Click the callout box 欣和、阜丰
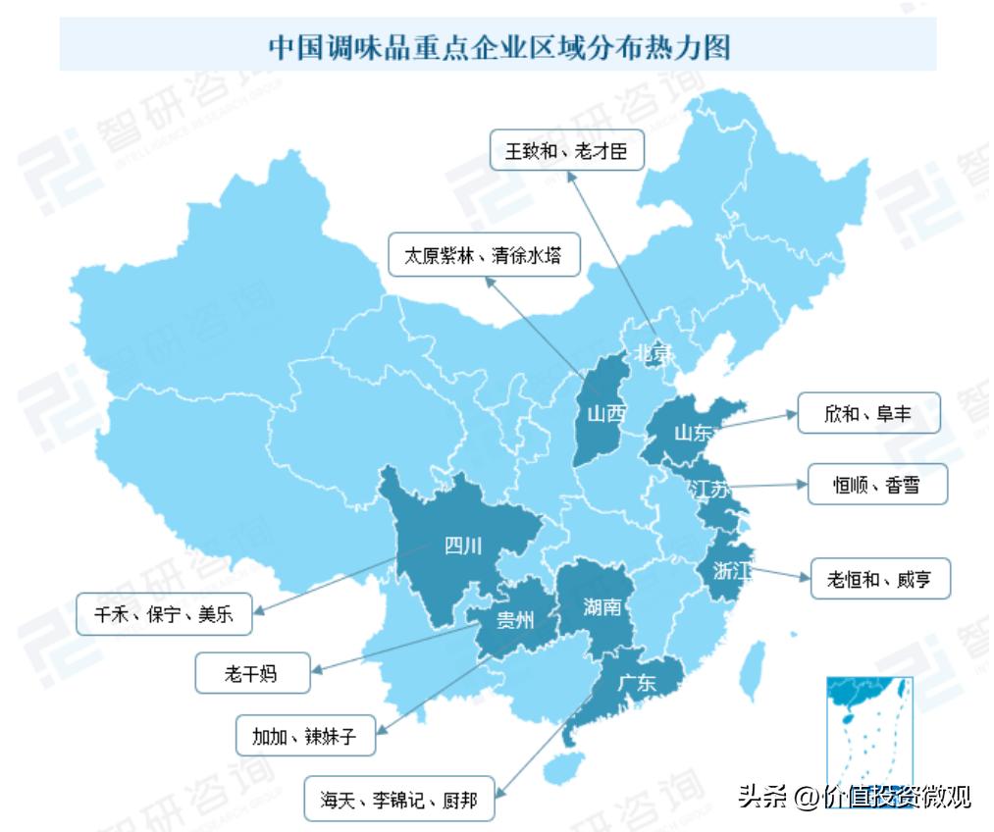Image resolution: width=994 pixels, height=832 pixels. click(x=868, y=414)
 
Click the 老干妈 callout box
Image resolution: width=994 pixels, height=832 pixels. click(x=252, y=674)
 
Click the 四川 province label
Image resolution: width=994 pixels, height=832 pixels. click(x=463, y=546)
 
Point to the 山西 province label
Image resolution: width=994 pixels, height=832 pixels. click(x=606, y=414)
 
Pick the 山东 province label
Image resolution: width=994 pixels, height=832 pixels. click(x=693, y=432)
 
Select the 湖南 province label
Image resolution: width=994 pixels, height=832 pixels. click(x=602, y=605)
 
